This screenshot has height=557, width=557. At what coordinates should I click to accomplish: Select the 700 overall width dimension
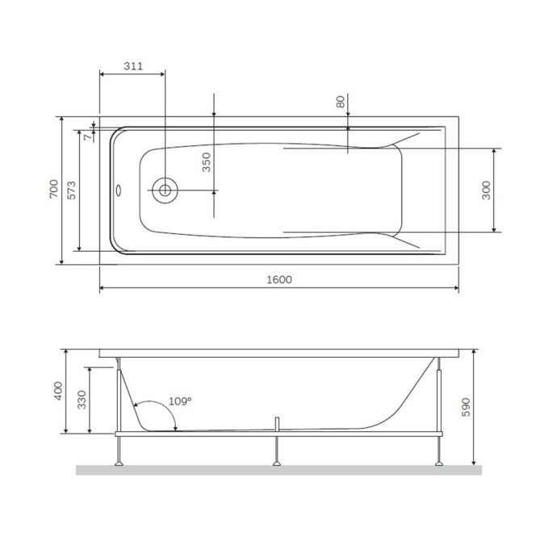coord(53,189)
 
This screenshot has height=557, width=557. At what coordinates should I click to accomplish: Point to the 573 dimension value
coord(71,190)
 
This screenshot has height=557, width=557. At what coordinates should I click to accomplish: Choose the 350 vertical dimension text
coord(206,162)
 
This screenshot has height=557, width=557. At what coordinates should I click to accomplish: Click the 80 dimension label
coord(341,102)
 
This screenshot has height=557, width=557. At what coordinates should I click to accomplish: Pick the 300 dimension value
coord(486,190)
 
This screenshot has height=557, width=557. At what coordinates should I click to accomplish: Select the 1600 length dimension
coord(278,279)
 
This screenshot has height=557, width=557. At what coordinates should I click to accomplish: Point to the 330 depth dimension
coord(82,399)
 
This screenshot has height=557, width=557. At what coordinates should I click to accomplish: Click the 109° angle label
coord(180,401)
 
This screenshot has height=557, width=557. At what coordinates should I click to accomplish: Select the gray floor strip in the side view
coord(278,470)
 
